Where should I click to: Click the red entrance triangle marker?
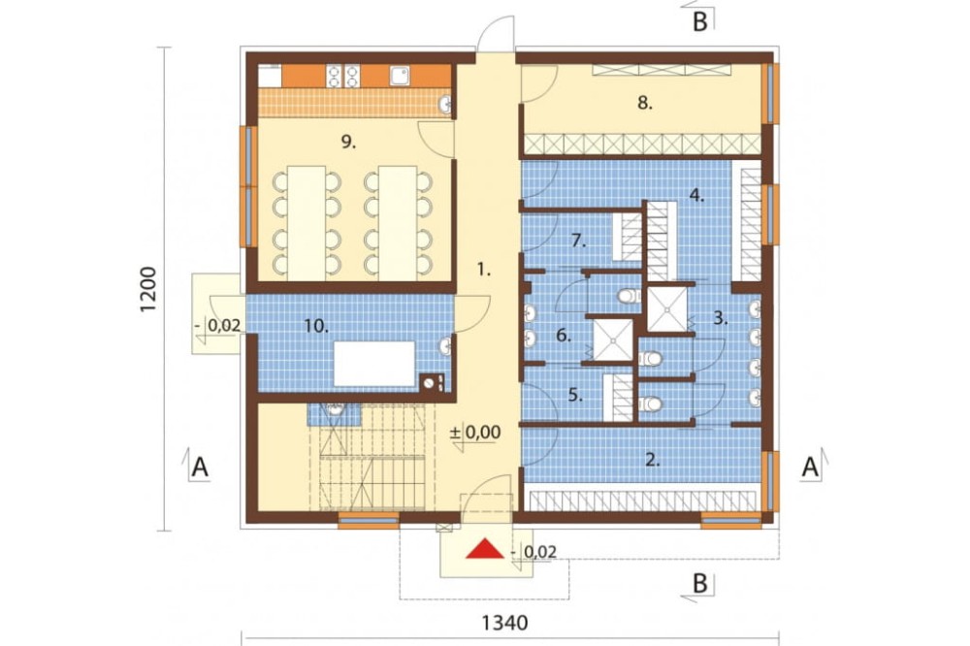click(x=485, y=549)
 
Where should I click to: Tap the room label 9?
click(x=348, y=143)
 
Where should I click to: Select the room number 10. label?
click(x=316, y=326)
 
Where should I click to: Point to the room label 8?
click(x=645, y=103)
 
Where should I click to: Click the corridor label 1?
click(x=483, y=270)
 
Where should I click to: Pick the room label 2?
click(x=653, y=459)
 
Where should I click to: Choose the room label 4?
click(x=696, y=196)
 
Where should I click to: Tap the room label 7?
click(x=578, y=241)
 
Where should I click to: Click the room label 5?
click(x=575, y=395)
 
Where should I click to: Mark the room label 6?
click(x=563, y=336)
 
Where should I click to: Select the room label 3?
click(x=720, y=319)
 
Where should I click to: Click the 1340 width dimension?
click(x=504, y=623)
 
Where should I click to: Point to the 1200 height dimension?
click(x=147, y=289)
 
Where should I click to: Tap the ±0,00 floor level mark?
click(x=475, y=432)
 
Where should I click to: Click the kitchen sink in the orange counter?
click(x=399, y=76)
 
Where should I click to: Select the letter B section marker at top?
click(x=699, y=21)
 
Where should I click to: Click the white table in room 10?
click(x=374, y=364)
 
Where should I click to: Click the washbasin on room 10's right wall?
click(x=445, y=346)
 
